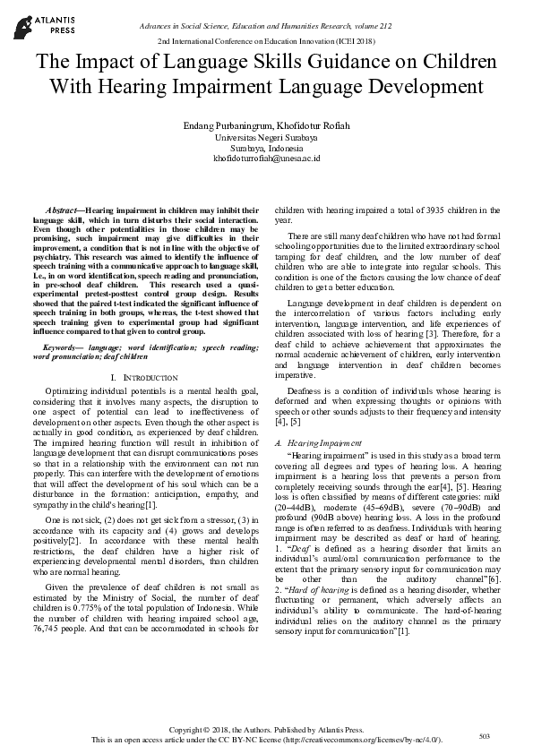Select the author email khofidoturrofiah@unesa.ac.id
(x=266, y=158)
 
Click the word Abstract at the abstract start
(x=64, y=209)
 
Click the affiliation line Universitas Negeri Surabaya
(x=266, y=138)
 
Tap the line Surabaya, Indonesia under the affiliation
(x=266, y=148)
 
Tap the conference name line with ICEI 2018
(x=266, y=41)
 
